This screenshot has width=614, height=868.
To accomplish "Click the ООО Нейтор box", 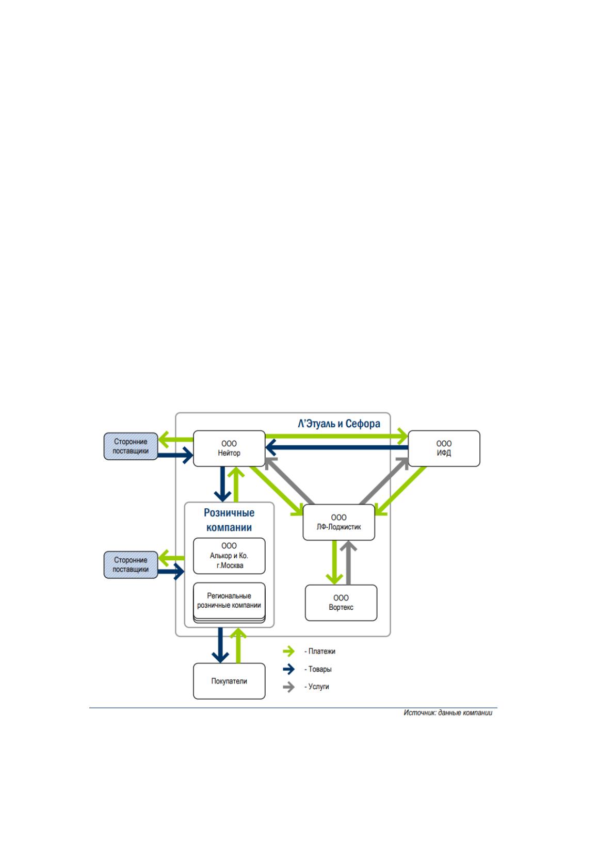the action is pos(229,448).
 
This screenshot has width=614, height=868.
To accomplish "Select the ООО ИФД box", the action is pos(444,448).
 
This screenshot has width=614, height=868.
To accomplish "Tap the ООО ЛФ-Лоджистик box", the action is pos(338,522).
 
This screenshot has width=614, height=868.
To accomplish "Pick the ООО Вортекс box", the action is pos(341,603).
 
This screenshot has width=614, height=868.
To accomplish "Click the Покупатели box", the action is pos(229,681).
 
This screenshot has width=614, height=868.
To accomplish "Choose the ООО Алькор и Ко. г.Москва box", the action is pos(229,556).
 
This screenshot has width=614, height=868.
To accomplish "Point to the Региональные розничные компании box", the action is pos(229,602).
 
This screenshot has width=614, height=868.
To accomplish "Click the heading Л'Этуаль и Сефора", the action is pos(338,424).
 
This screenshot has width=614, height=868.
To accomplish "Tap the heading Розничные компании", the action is pos(229,520).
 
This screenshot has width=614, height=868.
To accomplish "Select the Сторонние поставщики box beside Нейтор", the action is pos(131,446).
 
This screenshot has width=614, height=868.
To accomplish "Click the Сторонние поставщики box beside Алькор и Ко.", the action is pos(131,564).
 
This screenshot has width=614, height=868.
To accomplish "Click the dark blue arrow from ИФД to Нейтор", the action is pos(337,447).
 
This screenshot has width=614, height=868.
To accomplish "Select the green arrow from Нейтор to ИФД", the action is pos(337,437).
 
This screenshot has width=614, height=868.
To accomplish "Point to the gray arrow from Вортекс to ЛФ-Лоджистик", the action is pos(349,563).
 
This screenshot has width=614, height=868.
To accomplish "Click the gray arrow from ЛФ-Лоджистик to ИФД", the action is pos(384,481).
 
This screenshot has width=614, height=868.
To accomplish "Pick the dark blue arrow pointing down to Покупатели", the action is pos(220,645).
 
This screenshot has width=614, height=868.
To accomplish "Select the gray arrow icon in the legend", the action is pos(288,687).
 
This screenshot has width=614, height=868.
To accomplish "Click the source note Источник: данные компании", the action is pos(448,713).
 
